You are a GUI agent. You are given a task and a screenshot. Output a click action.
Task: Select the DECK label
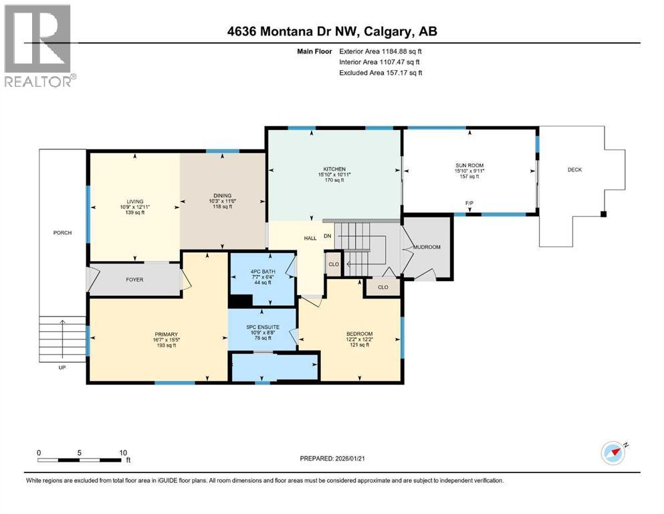574,170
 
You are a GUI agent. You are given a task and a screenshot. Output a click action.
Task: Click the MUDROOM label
427,247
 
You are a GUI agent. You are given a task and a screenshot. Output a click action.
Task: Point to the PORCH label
63,233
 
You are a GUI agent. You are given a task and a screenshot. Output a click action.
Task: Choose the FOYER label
135,280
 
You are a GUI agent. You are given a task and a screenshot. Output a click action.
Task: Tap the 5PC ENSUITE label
262,327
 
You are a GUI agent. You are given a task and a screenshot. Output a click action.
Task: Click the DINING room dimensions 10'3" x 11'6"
222,201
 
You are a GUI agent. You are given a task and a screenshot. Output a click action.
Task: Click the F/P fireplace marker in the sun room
469,202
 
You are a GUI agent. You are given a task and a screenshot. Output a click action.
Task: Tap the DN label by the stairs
328,236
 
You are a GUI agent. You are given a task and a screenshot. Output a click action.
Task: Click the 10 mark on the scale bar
122,452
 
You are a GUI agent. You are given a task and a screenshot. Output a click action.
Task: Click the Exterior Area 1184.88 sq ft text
380,51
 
